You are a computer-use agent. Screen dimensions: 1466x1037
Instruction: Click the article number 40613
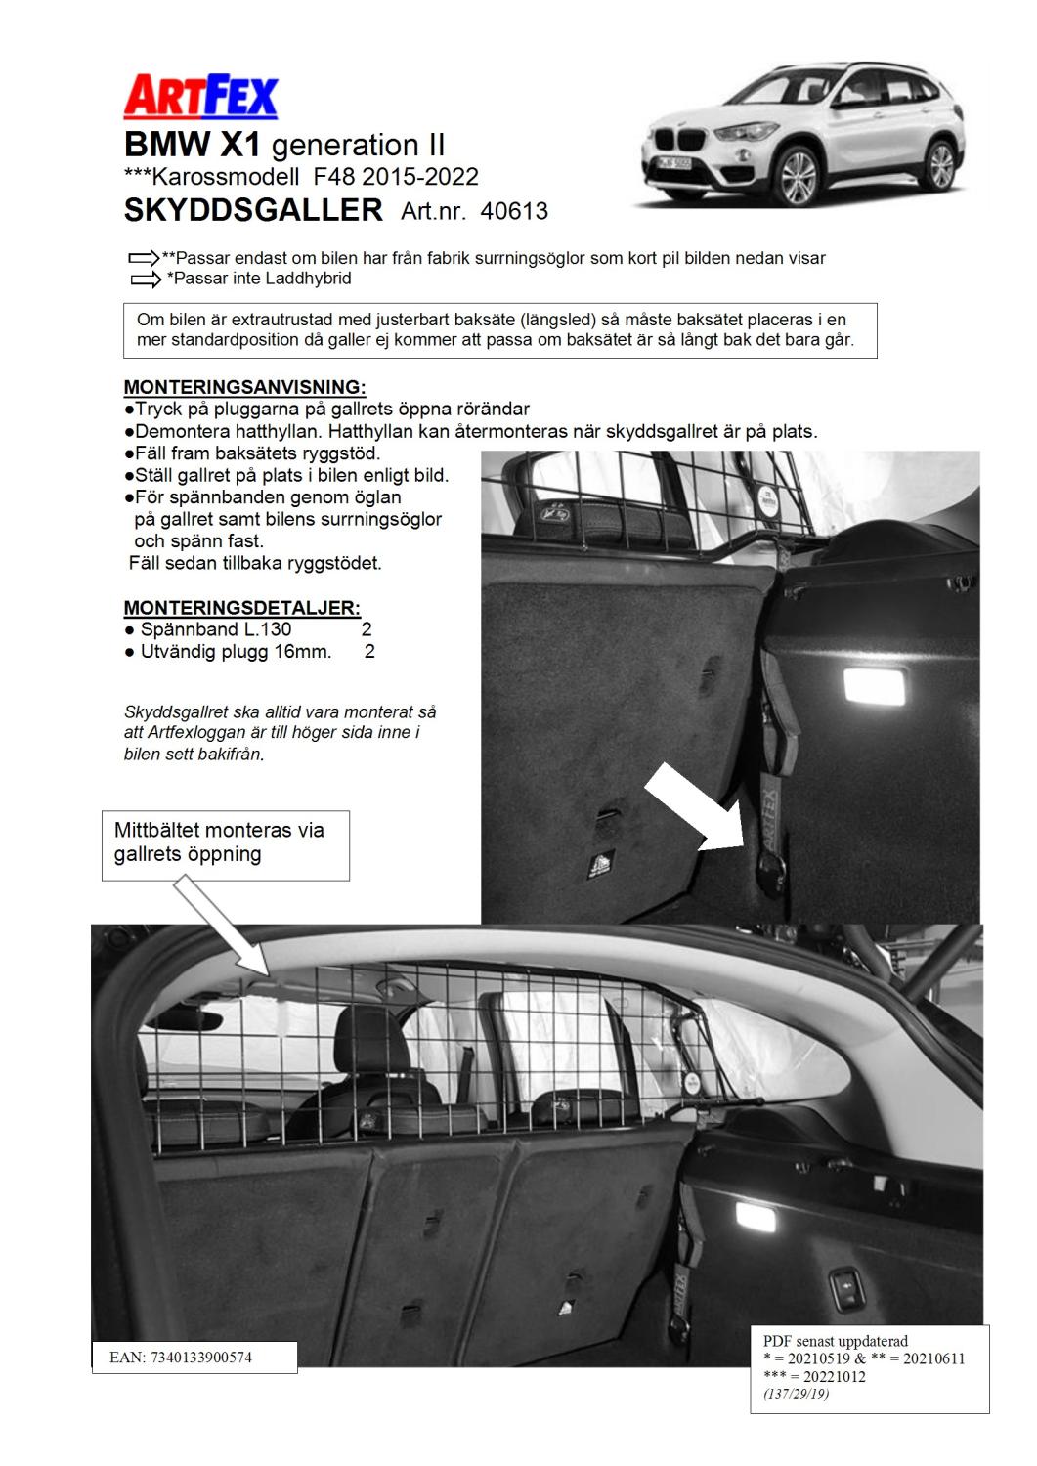pos(514,211)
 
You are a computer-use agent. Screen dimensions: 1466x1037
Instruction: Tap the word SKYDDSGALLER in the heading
pos(253,210)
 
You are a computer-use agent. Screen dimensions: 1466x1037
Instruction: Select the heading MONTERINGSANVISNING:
pos(245,388)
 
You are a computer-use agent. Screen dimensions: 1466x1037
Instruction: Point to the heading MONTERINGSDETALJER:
pos(242,608)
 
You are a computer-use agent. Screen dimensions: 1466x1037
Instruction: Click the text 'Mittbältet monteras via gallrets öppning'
pos(220,842)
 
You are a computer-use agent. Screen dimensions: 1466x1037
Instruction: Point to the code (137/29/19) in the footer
pos(797,1394)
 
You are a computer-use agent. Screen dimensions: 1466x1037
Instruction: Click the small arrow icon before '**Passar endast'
pos(143,259)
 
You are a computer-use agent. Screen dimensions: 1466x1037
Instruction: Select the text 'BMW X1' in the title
pos(192,146)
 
